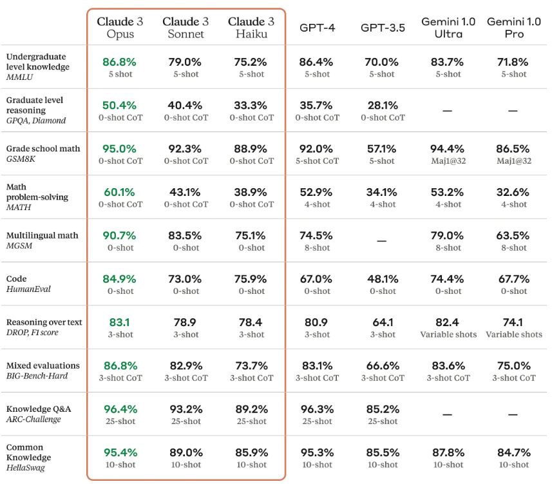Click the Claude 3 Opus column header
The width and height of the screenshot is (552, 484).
coord(120,28)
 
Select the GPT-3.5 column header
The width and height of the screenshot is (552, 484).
coord(383,28)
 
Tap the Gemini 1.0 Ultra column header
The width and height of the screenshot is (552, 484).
coord(448,28)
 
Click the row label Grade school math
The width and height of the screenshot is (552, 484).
coord(43,148)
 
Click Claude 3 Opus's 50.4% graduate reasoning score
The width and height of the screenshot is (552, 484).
coord(120,105)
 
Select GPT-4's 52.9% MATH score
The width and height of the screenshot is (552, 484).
coord(316,192)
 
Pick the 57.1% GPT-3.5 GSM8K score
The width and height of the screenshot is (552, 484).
coord(383,149)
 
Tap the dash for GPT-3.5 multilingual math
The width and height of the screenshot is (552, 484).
coord(383,241)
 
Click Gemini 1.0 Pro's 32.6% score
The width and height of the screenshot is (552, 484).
coord(514,192)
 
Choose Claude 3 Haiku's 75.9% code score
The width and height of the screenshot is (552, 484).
coord(251,279)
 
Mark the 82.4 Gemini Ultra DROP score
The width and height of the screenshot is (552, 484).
coord(448,322)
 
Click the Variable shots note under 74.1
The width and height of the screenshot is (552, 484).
coord(514,334)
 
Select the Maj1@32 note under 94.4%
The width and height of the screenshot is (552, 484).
coord(448,161)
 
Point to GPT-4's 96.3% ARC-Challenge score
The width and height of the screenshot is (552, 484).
coord(316,409)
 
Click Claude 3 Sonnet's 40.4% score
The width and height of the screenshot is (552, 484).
coord(186,105)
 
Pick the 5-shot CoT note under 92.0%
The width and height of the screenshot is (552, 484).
coord(316,161)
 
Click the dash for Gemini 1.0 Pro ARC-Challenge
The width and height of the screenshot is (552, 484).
coord(514,415)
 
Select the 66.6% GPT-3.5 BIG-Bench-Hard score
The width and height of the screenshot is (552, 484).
coord(383,365)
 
